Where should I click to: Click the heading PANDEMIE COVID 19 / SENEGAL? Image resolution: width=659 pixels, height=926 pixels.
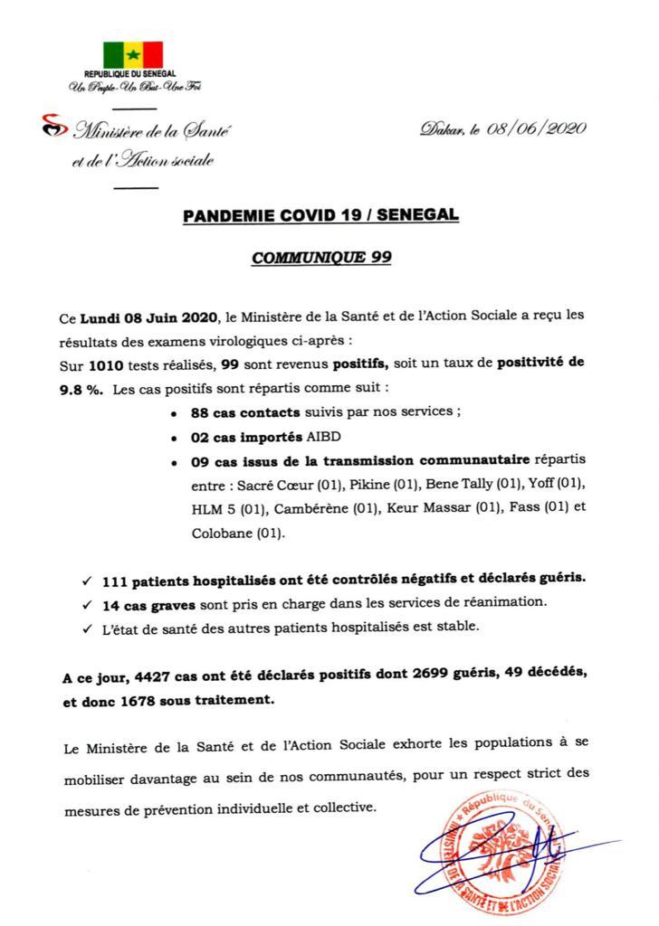pos(320,216)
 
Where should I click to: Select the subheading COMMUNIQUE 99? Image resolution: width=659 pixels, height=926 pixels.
pos(320,257)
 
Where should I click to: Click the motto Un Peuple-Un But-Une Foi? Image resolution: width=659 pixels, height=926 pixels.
pos(131,87)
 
